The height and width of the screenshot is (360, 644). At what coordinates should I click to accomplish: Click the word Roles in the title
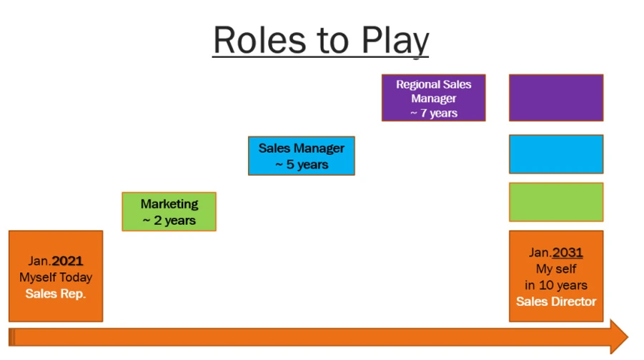260,40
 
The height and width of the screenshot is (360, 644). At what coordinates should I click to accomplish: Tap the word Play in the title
395,41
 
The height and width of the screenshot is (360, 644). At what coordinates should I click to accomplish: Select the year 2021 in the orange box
68,261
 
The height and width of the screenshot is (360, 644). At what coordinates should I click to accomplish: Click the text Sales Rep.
56,294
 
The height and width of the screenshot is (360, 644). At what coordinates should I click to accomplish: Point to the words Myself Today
56,277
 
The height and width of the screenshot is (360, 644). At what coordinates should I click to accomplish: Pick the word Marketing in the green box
169,204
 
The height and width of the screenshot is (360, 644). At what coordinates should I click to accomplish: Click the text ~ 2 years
169,221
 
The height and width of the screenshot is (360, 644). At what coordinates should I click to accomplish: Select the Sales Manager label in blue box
302,148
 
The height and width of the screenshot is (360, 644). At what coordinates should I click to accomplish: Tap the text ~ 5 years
302,164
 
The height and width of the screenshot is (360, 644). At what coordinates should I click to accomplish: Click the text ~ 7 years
434,113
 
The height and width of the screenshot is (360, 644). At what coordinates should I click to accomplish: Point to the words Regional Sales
434,84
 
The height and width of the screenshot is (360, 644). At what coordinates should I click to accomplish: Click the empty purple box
556,98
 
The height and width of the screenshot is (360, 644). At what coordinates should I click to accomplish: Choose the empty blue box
556,154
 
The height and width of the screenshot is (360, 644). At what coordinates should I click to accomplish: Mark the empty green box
556,202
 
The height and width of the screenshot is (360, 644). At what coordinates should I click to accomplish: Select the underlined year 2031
568,252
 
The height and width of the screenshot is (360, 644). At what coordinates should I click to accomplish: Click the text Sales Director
556,301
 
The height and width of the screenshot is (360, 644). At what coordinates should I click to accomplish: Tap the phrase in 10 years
556,285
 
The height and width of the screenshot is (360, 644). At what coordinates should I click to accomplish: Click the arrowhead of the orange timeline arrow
619,336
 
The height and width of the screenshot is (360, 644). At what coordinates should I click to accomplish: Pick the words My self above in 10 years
556,269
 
